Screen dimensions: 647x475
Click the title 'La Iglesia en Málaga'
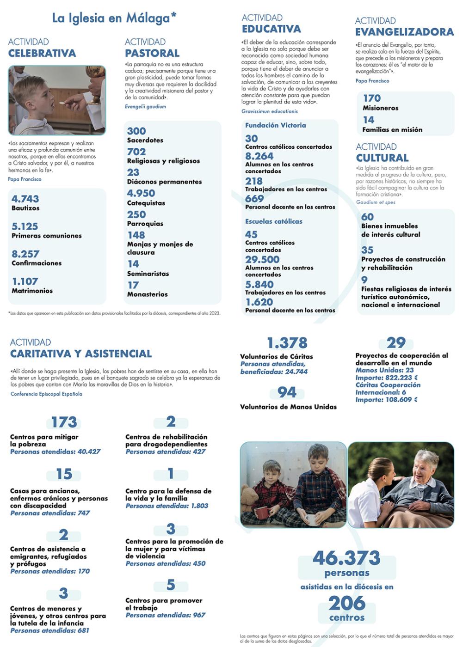click(x=114, y=18)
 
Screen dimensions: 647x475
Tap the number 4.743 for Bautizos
click(x=25, y=199)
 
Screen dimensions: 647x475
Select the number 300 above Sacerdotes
click(x=136, y=131)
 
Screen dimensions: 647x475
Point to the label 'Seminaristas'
click(x=148, y=274)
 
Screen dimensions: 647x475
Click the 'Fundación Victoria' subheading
click(x=275, y=125)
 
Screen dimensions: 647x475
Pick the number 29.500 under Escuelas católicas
click(x=262, y=260)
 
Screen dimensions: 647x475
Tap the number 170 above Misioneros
click(x=371, y=98)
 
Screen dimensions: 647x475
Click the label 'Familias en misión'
click(x=392, y=130)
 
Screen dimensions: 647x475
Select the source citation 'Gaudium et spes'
click(x=376, y=202)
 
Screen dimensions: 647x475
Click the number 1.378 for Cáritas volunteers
click(x=287, y=343)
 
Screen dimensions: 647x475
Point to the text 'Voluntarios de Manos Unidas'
click(x=288, y=407)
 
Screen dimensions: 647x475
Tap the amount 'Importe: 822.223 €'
click(x=387, y=378)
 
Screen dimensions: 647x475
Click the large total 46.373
click(x=346, y=558)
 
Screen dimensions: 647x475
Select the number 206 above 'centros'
click(x=347, y=603)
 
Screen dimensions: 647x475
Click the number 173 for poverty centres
click(x=64, y=422)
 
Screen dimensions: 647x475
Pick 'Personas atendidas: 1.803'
click(x=167, y=506)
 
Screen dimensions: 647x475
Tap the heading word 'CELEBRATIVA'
click(x=42, y=53)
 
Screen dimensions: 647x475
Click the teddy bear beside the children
click(x=249, y=499)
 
